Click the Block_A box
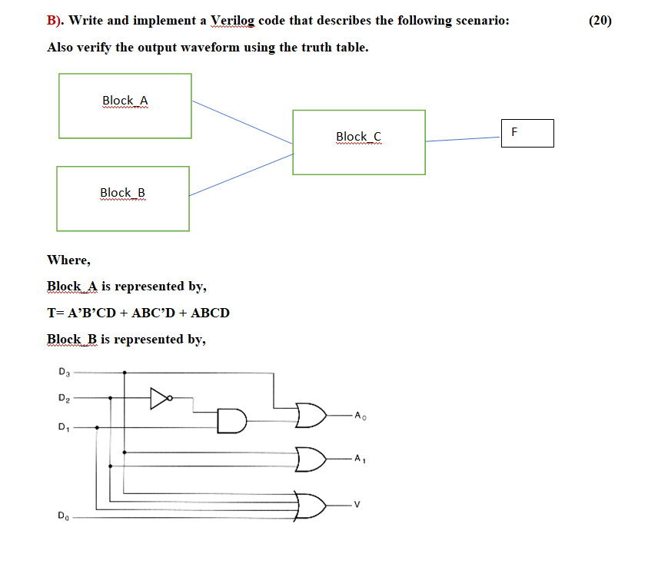125,106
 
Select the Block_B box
122,198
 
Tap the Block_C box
358,142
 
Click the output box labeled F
527,133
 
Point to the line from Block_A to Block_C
242,122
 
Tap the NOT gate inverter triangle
159,398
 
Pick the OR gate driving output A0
311,416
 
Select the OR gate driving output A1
311,459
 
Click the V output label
356,505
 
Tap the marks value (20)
600,21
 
